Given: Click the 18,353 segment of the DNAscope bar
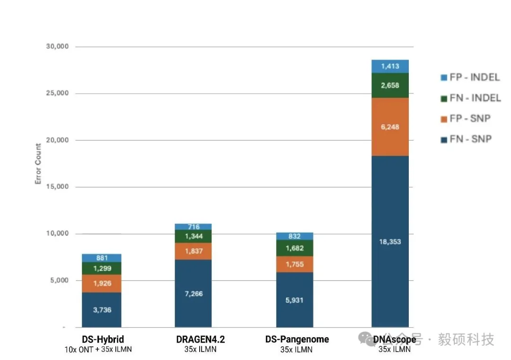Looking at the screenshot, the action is tap(390, 241).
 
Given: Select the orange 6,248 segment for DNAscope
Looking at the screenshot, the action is tap(390, 127).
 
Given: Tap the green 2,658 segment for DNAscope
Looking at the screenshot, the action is tap(390, 85).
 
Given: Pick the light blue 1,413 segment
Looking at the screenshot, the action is tap(390, 66).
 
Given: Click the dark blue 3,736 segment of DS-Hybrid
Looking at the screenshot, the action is tap(102, 310).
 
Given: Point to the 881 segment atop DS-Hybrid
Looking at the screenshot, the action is tap(102, 258).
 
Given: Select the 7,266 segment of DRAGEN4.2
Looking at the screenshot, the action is tap(193, 294).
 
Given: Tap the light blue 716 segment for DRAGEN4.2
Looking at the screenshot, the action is tap(193, 227).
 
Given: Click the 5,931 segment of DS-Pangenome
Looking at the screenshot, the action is tap(295, 300).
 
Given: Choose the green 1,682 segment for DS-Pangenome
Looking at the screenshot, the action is tap(295, 248).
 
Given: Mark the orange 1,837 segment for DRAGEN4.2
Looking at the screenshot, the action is tap(193, 251).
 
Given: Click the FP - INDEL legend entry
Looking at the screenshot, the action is tap(470, 77).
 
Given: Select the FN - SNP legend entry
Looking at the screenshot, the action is tap(466, 139).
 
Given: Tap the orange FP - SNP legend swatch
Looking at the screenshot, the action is tap(444, 119).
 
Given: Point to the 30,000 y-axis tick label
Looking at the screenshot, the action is tap(57, 46).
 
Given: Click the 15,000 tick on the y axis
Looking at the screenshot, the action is tap(57, 187).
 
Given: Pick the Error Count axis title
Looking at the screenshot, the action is tap(38, 164).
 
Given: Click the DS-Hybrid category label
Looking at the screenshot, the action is tap(103, 340).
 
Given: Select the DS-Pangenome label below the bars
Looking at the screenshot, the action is tap(297, 340).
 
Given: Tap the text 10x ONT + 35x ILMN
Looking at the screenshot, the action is tap(98, 350).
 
